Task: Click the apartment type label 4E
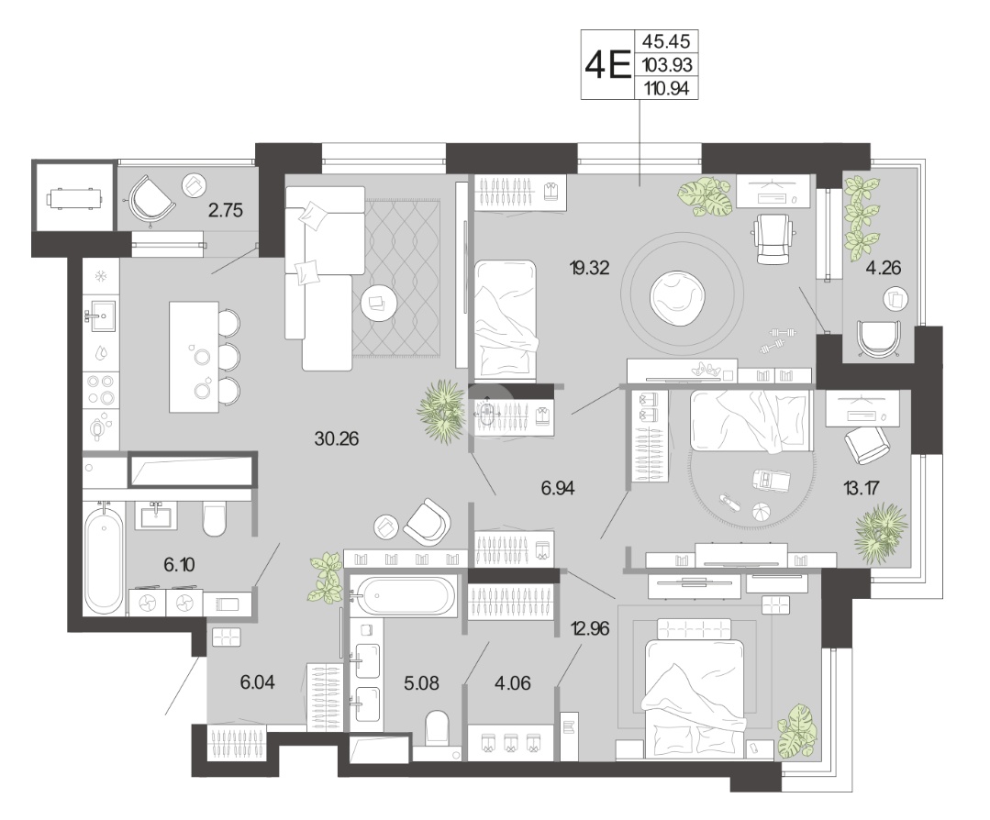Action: click(x=608, y=64)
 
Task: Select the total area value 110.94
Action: click(x=666, y=88)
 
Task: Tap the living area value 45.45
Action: click(x=666, y=41)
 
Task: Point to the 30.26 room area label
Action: click(x=337, y=438)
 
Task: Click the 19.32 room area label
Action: click(x=589, y=268)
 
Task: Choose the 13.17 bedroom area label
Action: click(x=862, y=487)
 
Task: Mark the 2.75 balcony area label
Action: click(x=226, y=209)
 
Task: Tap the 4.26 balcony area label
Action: click(x=884, y=268)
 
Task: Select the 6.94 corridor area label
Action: click(x=558, y=487)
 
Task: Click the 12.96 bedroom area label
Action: click(x=590, y=628)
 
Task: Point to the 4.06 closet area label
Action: click(x=513, y=683)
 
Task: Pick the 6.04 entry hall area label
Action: click(x=257, y=681)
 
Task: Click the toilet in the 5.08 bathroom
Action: click(x=438, y=728)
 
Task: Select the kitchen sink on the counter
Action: click(x=101, y=315)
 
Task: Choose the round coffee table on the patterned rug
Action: click(x=378, y=303)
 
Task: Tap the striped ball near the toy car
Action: click(x=761, y=510)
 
